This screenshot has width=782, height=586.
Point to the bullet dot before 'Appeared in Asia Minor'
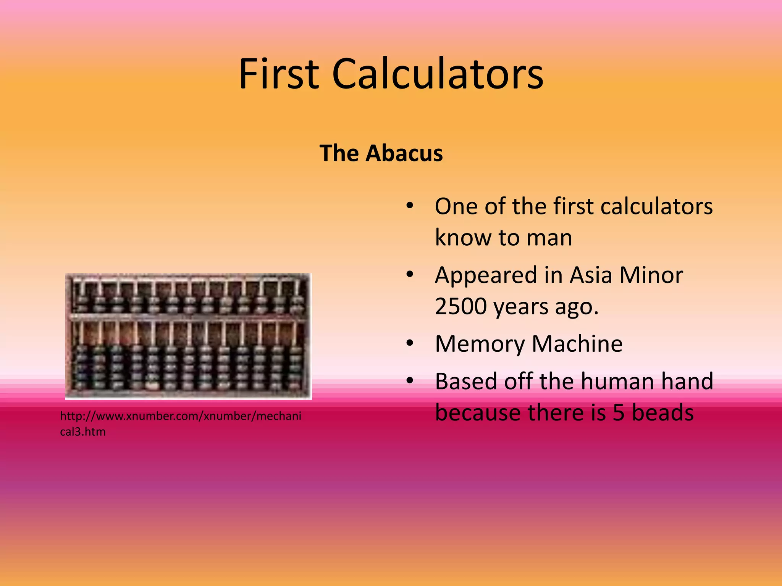410,274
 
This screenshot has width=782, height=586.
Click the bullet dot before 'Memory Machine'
410,343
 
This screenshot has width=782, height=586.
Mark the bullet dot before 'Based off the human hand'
410,380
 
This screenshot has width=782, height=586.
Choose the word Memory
480,344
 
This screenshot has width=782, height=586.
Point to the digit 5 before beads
619,413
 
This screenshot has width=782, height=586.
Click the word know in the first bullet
463,238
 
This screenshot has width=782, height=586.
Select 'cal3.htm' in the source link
83,432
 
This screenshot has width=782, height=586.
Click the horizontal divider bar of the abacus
188,317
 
